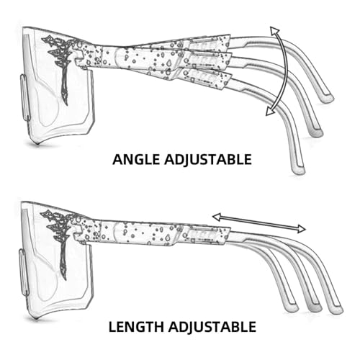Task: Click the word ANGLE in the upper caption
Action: (136, 160)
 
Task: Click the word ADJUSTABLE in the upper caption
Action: (208, 160)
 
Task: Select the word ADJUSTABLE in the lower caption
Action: (212, 327)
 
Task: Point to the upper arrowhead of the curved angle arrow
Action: (274, 31)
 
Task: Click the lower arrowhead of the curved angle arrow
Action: (270, 112)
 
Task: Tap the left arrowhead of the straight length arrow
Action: (217, 217)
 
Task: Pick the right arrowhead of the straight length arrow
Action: (301, 229)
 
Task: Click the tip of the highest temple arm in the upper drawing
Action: (328, 98)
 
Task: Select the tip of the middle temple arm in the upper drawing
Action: (317, 132)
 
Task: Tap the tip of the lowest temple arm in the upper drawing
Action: (299, 170)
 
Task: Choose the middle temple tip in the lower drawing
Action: (315, 309)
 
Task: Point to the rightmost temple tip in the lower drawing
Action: (336, 310)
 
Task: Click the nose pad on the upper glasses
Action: (24, 97)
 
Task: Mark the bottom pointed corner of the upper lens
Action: (37, 144)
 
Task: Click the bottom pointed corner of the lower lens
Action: (36, 319)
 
